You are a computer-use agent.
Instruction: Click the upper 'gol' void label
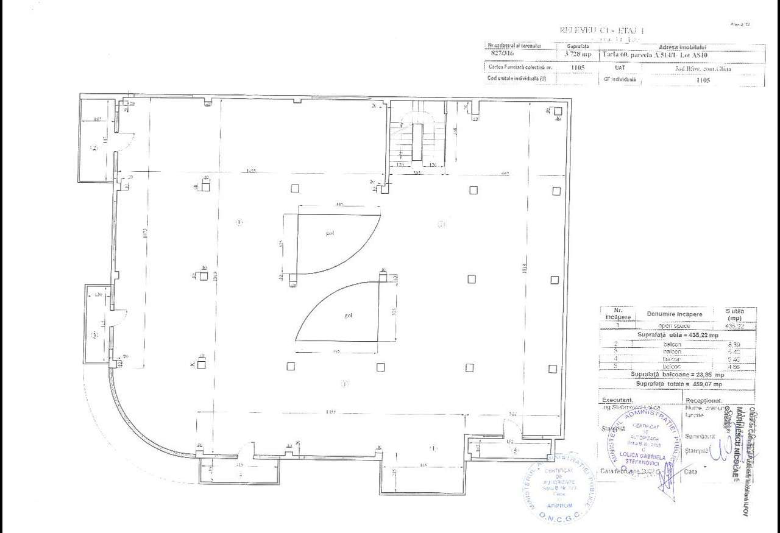[x=330, y=233]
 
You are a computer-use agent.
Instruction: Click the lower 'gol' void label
[x=349, y=316]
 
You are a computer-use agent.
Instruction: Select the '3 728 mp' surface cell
[x=578, y=54]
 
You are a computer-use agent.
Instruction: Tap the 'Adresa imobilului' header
[x=682, y=46]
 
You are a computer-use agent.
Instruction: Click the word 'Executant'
[x=616, y=400]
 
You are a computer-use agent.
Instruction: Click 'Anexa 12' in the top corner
[x=739, y=24]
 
